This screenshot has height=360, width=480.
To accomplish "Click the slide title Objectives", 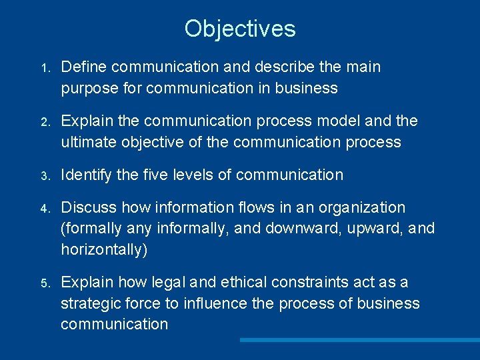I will point(240,29).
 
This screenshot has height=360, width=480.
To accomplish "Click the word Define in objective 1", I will point(85,67).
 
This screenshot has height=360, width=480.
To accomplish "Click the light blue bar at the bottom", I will point(359,340).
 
